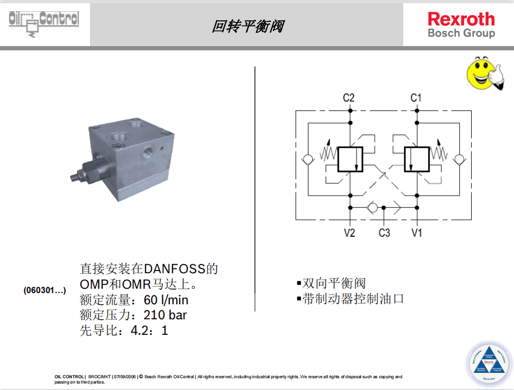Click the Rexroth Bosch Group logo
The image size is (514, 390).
click(x=461, y=25)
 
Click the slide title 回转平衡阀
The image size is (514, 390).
click(x=247, y=26)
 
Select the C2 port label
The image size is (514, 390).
click(x=349, y=97)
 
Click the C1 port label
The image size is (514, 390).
click(x=416, y=97)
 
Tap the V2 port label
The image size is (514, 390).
click(x=349, y=233)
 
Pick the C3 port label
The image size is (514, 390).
click(x=384, y=233)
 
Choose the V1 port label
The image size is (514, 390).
click(x=417, y=233)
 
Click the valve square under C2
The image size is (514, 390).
click(x=350, y=160)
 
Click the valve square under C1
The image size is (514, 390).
click(x=417, y=160)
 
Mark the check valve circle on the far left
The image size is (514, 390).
click(x=307, y=160)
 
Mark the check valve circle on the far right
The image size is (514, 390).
click(x=459, y=160)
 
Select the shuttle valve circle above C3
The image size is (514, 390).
click(x=373, y=207)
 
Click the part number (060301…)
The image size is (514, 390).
click(x=44, y=290)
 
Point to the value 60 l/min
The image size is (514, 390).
click(x=166, y=300)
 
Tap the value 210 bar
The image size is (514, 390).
click(x=165, y=315)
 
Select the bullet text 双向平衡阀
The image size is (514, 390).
click(x=334, y=283)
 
